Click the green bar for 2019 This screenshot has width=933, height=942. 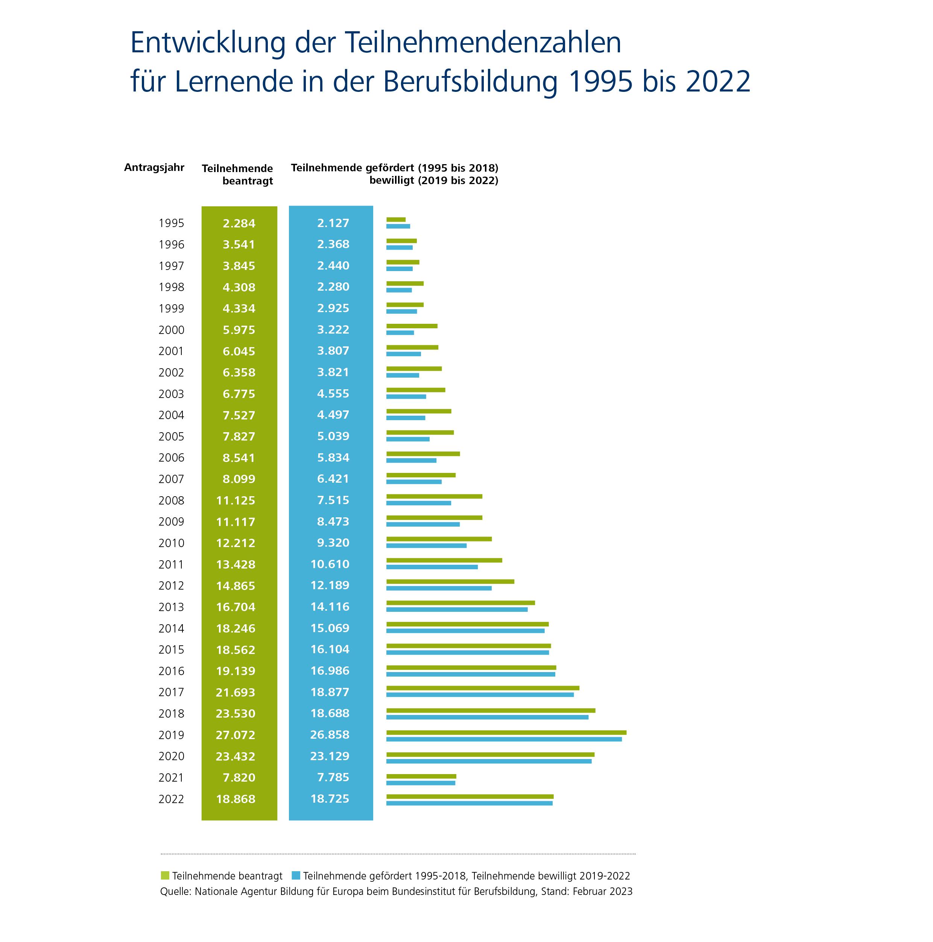[506, 732]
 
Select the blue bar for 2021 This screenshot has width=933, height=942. [421, 783]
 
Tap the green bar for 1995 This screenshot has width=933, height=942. [396, 219]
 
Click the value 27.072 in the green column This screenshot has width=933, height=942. [236, 735]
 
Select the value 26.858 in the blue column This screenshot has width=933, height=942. [330, 734]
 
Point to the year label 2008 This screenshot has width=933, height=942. [171, 500]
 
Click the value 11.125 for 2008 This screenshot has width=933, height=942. [236, 500]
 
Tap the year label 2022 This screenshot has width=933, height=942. [171, 799]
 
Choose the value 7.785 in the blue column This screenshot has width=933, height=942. [333, 777]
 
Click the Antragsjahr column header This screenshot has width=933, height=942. [154, 168]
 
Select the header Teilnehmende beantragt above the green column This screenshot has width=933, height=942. [237, 175]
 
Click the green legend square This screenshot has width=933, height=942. [165, 875]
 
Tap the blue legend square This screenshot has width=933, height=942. [296, 875]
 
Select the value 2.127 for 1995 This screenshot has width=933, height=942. [333, 223]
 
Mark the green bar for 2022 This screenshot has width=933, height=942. [470, 797]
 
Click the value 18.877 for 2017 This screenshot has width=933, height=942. [330, 692]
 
